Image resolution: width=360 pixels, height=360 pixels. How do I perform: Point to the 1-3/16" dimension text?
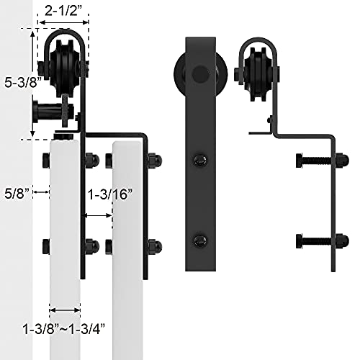[x=108, y=194]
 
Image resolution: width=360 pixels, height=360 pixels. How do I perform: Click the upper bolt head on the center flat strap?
[x=199, y=160]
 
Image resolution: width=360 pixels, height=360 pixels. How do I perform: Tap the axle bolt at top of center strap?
[x=199, y=73]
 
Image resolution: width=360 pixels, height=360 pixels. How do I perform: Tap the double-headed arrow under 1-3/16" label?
[x=99, y=215]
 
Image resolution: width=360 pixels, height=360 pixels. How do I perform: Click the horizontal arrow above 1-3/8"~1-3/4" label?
[x=65, y=307]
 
